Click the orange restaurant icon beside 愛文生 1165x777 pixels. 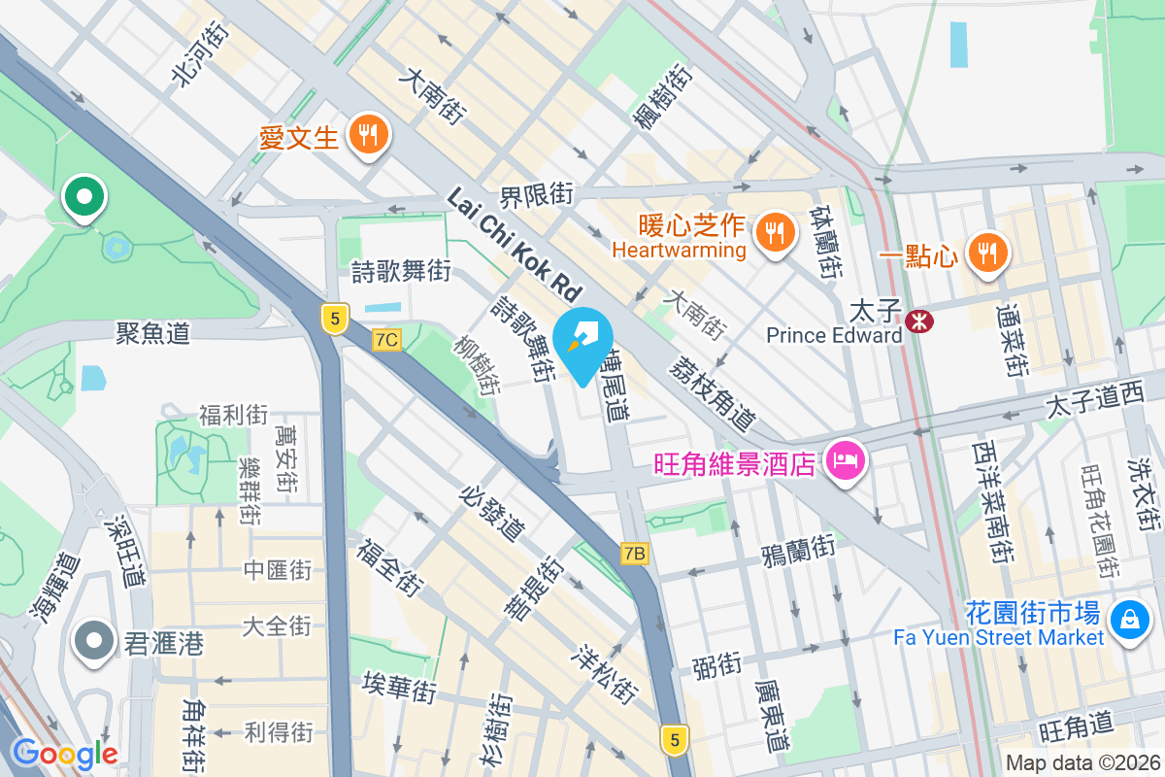pyautogui.click(x=367, y=135)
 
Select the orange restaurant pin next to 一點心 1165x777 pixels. pyautogui.click(x=987, y=253)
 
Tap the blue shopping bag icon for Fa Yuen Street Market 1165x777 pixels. pyautogui.click(x=1129, y=619)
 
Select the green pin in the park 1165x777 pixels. pyautogui.click(x=84, y=196)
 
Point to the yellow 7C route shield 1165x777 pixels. pyautogui.click(x=386, y=339)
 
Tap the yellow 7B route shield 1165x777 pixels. pyautogui.click(x=634, y=553)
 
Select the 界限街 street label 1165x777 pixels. pyautogui.click(x=537, y=195)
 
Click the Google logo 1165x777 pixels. pyautogui.click(x=64, y=753)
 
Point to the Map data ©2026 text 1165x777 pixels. pyautogui.click(x=1082, y=762)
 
